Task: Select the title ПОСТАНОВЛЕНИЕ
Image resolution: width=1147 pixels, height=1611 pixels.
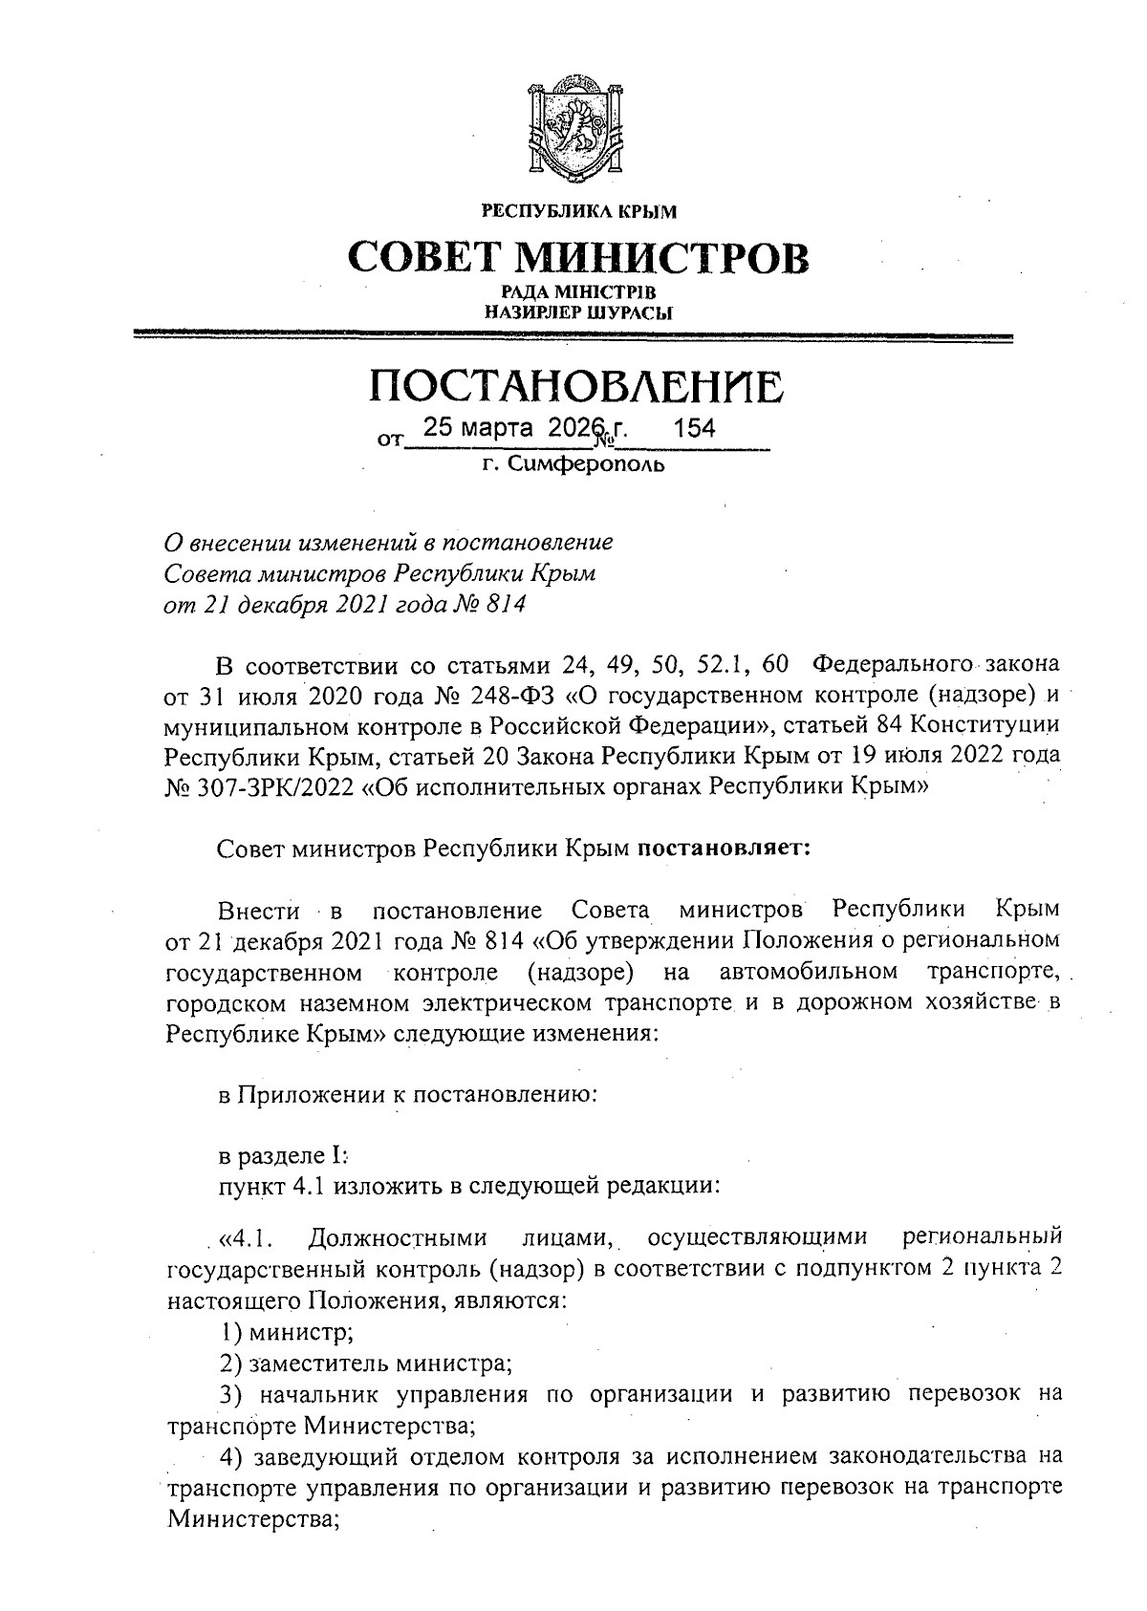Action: click(x=576, y=386)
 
